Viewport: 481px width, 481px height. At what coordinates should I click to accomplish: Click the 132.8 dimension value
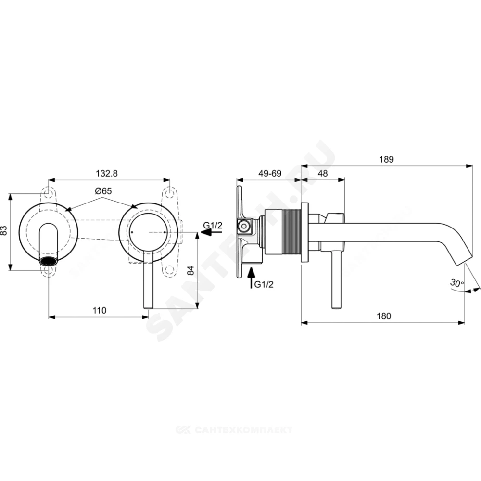[106, 173]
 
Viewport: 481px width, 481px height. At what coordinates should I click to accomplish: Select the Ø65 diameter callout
[103, 191]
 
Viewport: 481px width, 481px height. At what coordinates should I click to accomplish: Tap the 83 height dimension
[4, 231]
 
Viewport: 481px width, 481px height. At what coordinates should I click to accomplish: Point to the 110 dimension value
[100, 310]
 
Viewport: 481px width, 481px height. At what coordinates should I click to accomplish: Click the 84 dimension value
[190, 270]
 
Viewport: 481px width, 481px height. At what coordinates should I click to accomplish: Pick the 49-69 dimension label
[270, 173]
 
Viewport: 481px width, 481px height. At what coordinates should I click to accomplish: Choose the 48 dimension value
[322, 173]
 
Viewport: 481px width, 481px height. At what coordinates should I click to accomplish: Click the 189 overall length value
[386, 160]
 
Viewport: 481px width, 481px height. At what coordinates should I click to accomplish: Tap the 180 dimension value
[384, 316]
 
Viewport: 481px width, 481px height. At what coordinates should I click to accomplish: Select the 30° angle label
[457, 282]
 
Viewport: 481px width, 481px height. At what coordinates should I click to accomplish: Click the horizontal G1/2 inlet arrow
[211, 232]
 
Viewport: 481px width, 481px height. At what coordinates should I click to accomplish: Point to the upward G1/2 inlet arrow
[251, 278]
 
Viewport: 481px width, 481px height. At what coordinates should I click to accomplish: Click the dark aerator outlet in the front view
[49, 261]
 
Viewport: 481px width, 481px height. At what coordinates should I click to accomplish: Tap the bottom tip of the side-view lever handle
[336, 308]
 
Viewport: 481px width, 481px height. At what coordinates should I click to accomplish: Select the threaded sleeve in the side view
[282, 232]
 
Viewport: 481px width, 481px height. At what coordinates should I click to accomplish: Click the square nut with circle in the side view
[244, 227]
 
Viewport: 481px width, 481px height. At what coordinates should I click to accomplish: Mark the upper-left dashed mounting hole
[48, 193]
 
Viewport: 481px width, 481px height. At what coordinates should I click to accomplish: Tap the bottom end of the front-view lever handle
[148, 308]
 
